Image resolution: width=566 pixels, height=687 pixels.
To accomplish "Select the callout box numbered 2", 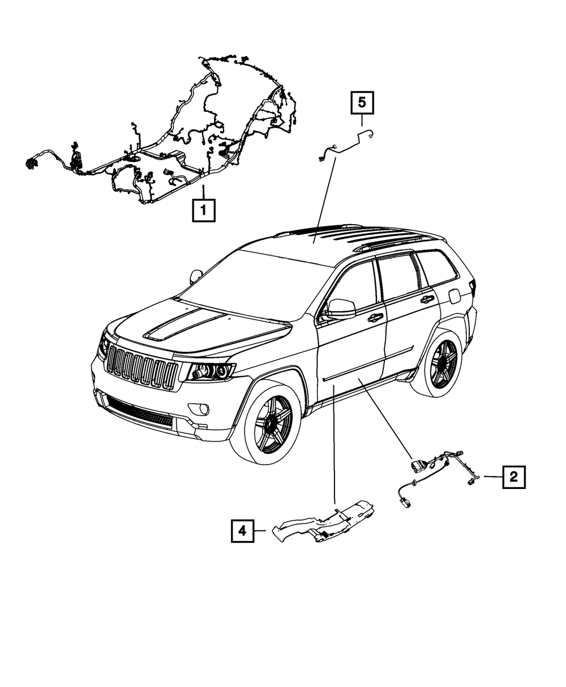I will [513, 477].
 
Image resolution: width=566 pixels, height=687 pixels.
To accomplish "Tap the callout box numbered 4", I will [242, 530].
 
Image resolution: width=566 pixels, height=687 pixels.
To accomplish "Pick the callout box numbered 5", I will [362, 103].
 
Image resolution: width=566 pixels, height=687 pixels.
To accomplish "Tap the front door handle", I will [375, 318].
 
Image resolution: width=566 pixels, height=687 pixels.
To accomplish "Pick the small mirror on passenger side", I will [196, 276].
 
